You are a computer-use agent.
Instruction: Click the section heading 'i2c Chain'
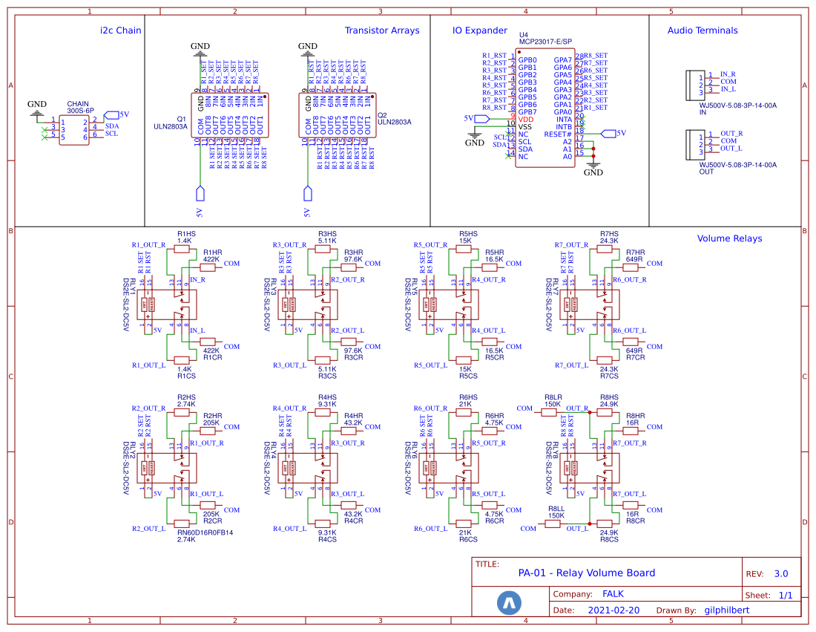[120, 30]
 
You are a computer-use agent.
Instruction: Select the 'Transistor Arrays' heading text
[381, 30]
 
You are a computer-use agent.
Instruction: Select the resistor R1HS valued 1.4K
[184, 249]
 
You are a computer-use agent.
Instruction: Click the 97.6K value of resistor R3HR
[353, 259]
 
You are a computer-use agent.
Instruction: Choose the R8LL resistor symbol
[553, 524]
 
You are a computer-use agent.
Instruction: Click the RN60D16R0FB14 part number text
[205, 532]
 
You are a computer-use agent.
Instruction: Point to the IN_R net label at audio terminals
[728, 74]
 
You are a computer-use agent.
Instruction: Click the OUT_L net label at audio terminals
[731, 148]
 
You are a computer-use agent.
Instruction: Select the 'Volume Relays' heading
[729, 238]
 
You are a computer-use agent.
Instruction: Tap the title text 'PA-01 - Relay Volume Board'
[586, 573]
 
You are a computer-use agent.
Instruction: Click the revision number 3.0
[781, 573]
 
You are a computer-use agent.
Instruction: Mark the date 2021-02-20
[613, 610]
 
